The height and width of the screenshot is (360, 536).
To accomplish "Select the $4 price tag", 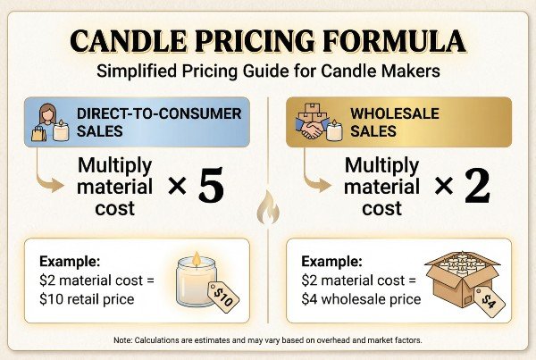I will (x=489, y=299).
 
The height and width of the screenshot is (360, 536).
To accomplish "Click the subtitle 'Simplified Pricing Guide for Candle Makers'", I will (x=268, y=69).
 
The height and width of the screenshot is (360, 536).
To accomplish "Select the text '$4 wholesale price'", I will (x=361, y=298).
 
